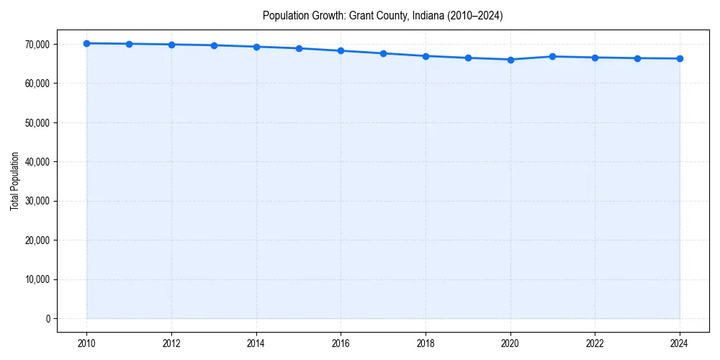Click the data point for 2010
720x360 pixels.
86,43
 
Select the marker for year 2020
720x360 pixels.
510,60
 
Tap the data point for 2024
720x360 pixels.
680,58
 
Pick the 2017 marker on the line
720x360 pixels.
383,53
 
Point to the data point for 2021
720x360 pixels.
553,56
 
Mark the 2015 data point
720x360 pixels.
299,48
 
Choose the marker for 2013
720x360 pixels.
214,45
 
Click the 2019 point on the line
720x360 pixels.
468,58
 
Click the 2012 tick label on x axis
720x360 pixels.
171,343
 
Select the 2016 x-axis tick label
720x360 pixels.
341,343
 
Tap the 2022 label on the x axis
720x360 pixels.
595,343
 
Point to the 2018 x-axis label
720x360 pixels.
426,343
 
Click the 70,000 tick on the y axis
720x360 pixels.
36,45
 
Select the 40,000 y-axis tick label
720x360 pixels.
36,162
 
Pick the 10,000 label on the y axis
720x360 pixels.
36,279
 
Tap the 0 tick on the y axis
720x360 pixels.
47,319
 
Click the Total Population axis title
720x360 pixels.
14,181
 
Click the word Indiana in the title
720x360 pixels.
428,15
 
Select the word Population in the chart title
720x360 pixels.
286,15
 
